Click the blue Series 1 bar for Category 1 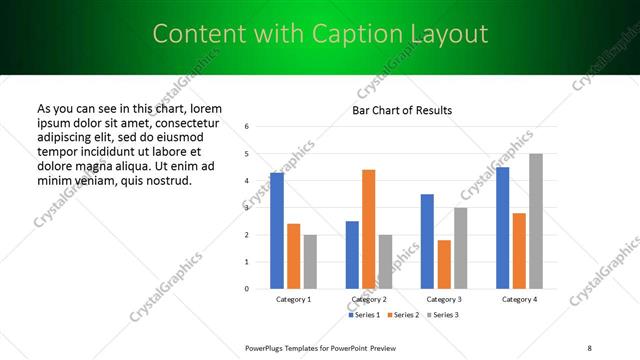click(x=277, y=231)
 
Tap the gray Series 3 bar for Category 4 click(x=535, y=221)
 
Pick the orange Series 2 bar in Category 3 click(x=444, y=264)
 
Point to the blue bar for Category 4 click(x=502, y=228)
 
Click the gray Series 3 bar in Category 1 click(x=310, y=262)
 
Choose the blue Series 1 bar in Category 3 click(x=427, y=241)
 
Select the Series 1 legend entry click(x=365, y=315)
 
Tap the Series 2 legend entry click(x=402, y=315)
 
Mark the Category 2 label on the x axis click(x=368, y=299)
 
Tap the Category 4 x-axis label click(x=518, y=299)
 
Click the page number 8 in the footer click(x=589, y=347)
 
